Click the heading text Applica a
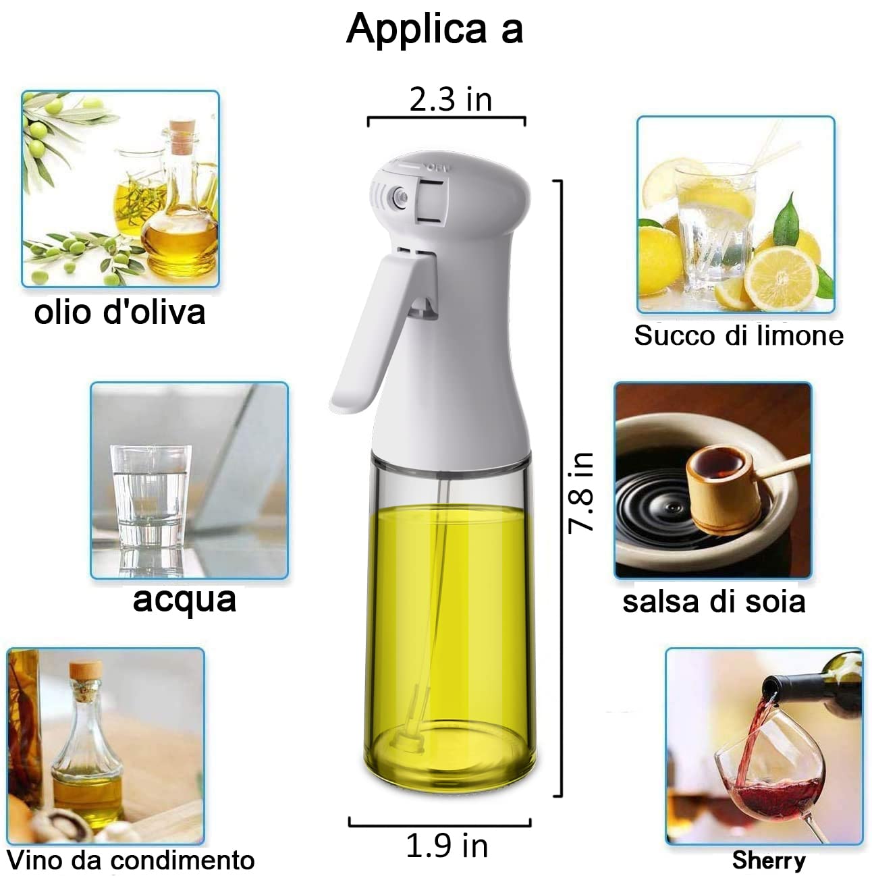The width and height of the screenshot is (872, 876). point(435,29)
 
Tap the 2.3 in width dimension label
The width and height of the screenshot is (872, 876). point(450,100)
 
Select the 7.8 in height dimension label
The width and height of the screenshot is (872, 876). point(581,492)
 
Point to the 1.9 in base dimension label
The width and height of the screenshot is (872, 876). point(446,846)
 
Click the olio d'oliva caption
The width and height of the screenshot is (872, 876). point(119,312)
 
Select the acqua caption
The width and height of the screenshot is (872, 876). point(184,599)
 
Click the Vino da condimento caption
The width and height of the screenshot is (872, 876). point(130,860)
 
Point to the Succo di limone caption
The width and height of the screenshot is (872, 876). point(738,335)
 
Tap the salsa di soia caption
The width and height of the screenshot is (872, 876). point(713,601)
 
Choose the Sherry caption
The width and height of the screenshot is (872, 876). point(769,860)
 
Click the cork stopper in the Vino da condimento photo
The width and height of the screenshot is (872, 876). point(88,671)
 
